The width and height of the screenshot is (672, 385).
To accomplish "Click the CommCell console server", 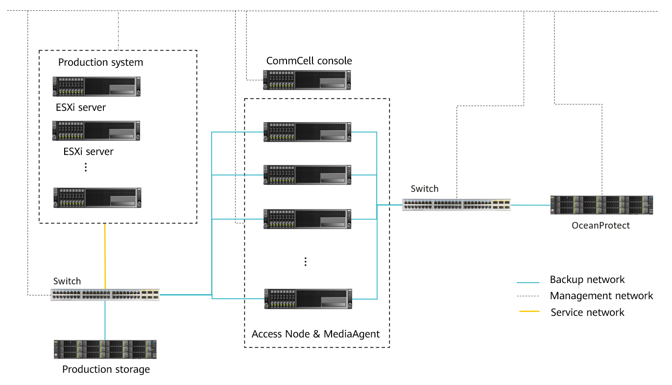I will pos(307,80).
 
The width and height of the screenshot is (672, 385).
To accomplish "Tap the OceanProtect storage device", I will pos(602,205).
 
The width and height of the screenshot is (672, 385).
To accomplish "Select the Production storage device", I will pos(105,350).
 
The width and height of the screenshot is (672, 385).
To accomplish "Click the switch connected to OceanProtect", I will pos(456,205).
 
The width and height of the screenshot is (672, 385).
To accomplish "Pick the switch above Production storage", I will pos(105,295).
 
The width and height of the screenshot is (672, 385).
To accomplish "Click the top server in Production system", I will pos(96,86).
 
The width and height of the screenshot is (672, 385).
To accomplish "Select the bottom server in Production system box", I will pos(97,198).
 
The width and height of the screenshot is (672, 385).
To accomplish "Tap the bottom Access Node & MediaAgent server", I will pos(308,299).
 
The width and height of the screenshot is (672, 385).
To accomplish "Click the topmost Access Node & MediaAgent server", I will pos(308,132).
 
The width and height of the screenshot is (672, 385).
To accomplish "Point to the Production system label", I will pos(100,62).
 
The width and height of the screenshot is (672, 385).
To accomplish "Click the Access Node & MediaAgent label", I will pos(315,334).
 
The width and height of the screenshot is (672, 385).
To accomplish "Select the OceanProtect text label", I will pos(600,226).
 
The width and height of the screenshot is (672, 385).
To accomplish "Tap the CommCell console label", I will pos(309,61).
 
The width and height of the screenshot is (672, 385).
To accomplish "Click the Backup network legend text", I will pos(587,280).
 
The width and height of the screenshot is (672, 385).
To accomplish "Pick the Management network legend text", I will pos(601,296).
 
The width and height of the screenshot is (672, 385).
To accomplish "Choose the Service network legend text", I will pos(587,312).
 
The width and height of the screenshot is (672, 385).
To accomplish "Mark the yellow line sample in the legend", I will pos(528,311).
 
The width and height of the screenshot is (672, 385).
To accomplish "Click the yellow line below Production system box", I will pos(105,255).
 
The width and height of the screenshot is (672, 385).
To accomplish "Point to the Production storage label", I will pos(106,369).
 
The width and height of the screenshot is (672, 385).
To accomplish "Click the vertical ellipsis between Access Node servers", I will pos(305,261).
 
